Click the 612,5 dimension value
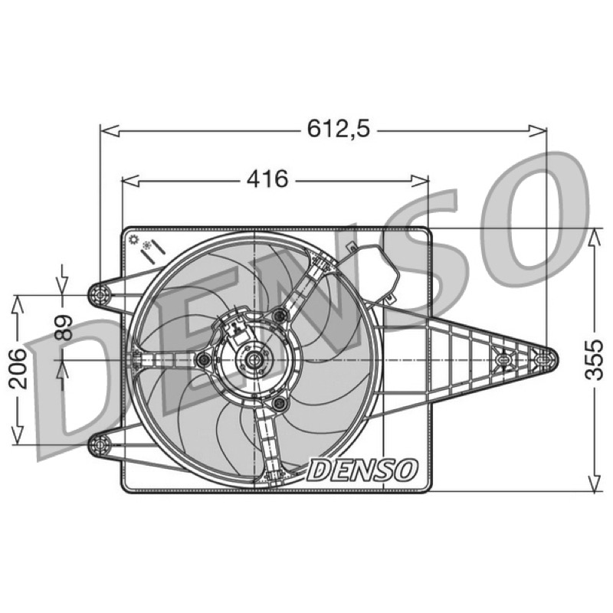(338, 128)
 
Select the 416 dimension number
(267, 179)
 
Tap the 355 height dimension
(595, 359)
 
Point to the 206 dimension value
(18, 369)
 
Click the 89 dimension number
(63, 328)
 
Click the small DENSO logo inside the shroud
(362, 469)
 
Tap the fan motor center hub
(254, 358)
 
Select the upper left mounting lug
(100, 294)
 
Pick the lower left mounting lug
(100, 444)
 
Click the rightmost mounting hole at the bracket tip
(543, 359)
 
